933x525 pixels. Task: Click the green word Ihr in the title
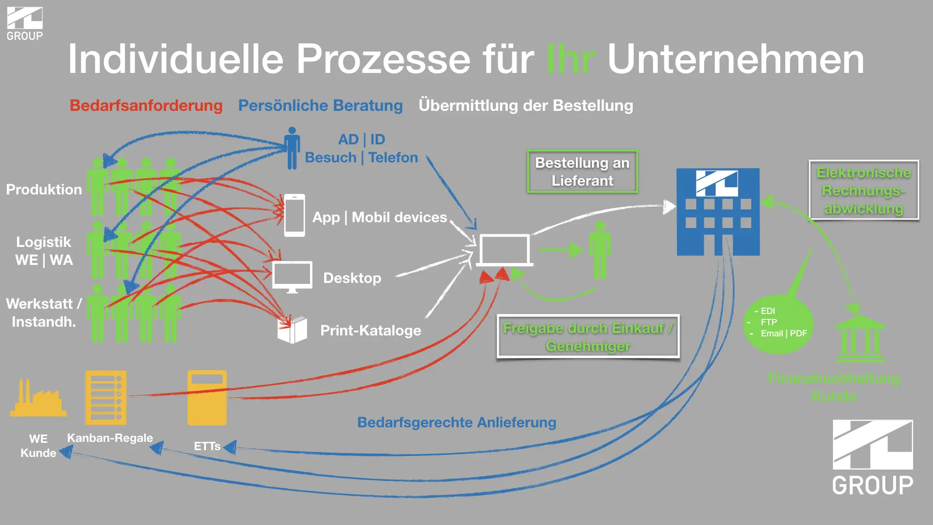[x=570, y=59]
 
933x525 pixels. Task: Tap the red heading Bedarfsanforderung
[x=146, y=105]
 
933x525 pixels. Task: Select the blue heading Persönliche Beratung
[x=320, y=105]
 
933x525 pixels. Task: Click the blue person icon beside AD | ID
[x=292, y=149]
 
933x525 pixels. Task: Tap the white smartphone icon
[x=294, y=215]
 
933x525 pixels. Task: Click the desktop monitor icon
[x=292, y=276]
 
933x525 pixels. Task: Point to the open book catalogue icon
[x=292, y=330]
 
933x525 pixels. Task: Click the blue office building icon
[x=718, y=212]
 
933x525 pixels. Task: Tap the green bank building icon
[x=861, y=338]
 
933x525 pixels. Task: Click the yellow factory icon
[x=38, y=399]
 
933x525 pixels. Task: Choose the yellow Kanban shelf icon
[x=106, y=398]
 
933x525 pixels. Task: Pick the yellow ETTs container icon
[x=207, y=398]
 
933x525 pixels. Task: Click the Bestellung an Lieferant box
[x=582, y=172]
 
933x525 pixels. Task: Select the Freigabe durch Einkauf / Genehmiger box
[x=588, y=337]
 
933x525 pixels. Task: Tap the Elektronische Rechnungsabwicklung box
[x=864, y=190]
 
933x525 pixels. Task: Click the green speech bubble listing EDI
[x=778, y=323]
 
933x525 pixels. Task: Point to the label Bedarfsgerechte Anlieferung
[x=456, y=422]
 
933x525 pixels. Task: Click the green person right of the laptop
[x=600, y=250]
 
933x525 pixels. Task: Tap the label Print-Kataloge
[x=370, y=331]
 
